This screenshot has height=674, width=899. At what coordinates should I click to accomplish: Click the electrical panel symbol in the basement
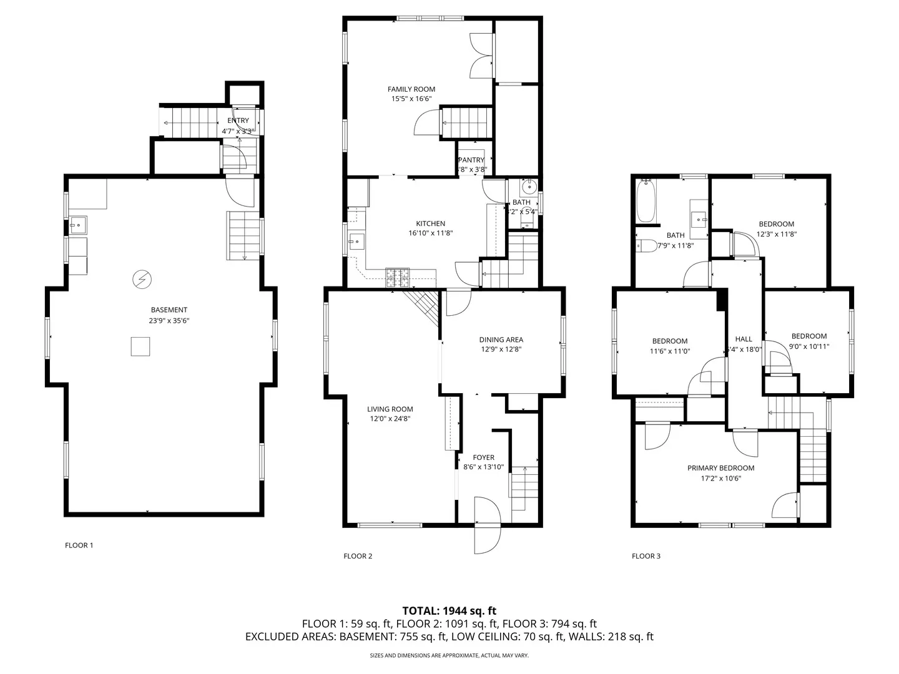142,280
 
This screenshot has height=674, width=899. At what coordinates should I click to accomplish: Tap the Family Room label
411,89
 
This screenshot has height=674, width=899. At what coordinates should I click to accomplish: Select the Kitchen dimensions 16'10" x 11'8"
431,233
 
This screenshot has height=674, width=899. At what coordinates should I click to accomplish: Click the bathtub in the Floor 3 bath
646,201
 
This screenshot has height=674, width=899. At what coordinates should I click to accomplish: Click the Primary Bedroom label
720,468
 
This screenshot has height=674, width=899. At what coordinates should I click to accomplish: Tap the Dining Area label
501,340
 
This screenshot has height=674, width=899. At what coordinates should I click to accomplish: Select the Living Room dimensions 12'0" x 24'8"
390,419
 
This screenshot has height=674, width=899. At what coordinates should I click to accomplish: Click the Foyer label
483,457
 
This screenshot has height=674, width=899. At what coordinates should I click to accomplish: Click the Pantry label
471,160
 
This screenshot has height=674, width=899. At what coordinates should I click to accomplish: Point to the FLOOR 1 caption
79,545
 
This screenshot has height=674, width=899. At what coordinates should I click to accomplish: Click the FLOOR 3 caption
646,556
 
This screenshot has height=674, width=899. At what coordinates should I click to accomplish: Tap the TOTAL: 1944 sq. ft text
449,610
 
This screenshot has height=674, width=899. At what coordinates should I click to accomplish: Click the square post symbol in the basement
140,346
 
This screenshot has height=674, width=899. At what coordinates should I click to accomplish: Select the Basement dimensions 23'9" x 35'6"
169,321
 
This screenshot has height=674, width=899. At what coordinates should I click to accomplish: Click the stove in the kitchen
397,276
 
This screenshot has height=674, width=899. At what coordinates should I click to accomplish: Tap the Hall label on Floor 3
744,339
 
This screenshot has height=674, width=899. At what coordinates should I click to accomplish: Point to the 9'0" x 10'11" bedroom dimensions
809,346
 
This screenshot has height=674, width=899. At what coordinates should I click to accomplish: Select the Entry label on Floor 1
238,120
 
